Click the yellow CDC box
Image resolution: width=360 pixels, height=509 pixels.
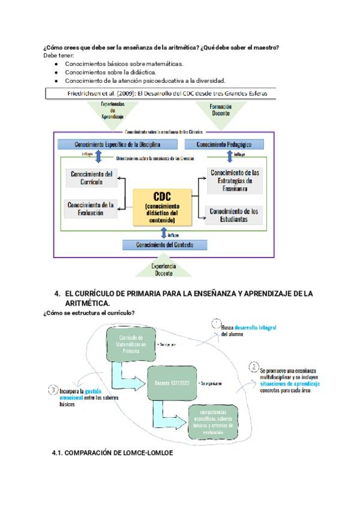[162, 207]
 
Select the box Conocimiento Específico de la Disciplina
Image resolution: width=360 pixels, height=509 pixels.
[118, 145]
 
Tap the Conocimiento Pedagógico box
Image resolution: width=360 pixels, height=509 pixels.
[224, 145]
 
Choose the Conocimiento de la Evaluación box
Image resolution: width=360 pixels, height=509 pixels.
[91, 208]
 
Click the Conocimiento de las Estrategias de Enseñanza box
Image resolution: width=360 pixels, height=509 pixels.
[235, 181]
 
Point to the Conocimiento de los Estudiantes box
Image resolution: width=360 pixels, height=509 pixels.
[235, 214]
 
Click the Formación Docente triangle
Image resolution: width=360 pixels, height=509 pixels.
[221, 110]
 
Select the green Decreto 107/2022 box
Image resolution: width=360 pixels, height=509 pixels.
[172, 382]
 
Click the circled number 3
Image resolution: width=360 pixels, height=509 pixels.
[53, 390]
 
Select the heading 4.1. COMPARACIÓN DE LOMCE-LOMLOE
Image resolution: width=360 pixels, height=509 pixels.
[112, 453]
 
